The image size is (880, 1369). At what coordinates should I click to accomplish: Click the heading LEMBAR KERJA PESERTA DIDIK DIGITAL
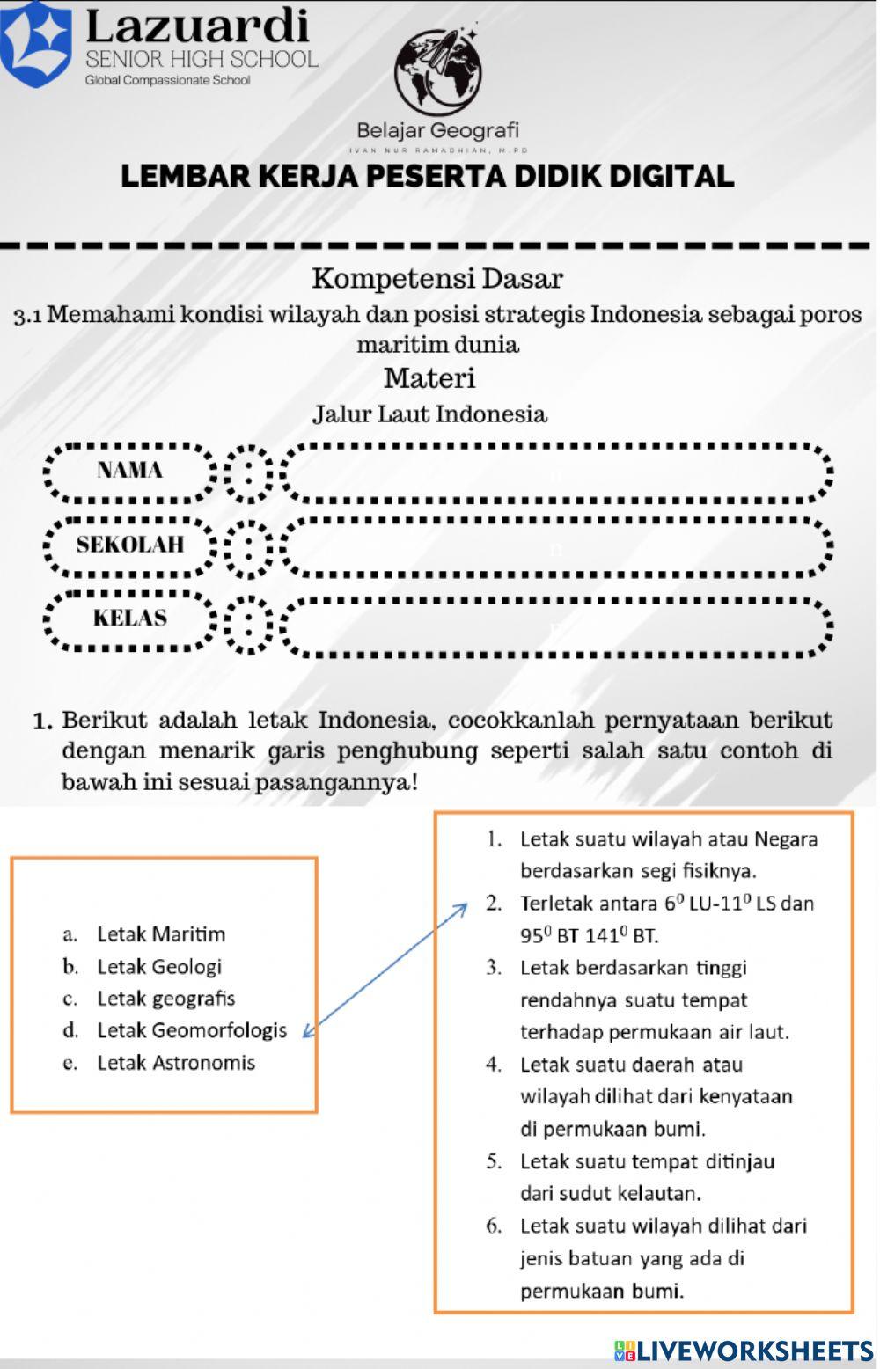point(428,176)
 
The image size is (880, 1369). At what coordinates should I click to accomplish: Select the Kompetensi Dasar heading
point(437,279)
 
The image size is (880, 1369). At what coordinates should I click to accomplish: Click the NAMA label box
point(130,470)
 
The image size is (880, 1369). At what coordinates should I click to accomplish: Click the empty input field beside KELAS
point(556,626)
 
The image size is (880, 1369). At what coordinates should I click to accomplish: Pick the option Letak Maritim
point(161,933)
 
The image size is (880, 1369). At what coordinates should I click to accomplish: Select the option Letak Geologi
point(159,966)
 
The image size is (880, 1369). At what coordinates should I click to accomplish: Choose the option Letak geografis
point(165,999)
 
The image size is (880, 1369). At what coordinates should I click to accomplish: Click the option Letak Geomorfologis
point(192,1030)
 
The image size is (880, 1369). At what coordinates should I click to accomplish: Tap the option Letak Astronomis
point(176,1063)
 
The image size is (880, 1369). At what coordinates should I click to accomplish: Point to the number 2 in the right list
point(495,904)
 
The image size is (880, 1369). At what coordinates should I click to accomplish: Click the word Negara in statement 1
point(786,838)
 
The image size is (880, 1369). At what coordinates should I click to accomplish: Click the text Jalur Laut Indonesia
point(429,414)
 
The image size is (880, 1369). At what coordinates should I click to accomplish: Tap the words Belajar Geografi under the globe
point(437,131)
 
